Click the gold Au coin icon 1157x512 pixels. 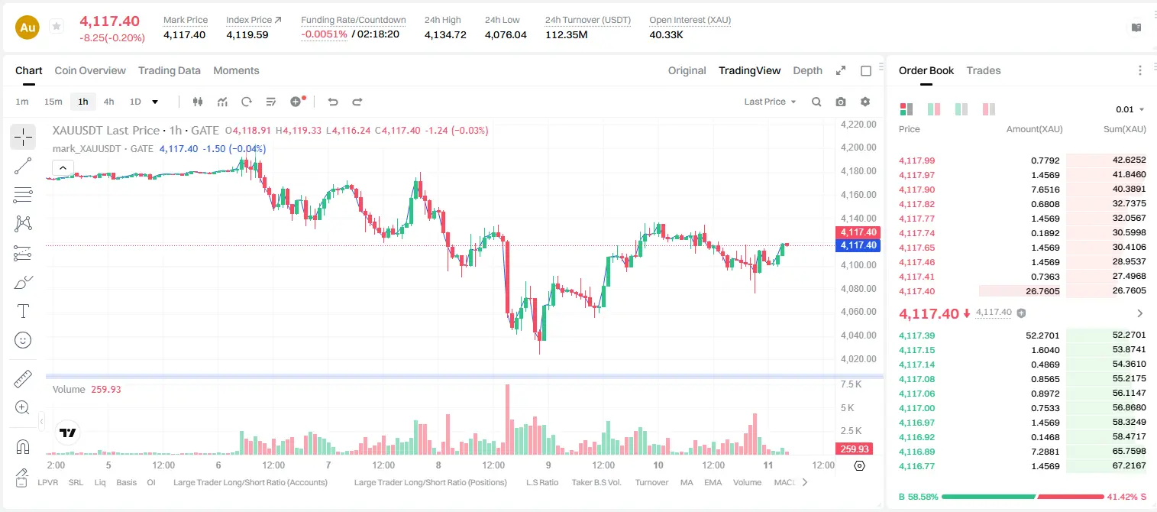pyautogui.click(x=27, y=28)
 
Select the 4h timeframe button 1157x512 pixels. pyautogui.click(x=108, y=102)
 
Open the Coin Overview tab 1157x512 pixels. pyautogui.click(x=90, y=70)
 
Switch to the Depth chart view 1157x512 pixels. pyautogui.click(x=807, y=70)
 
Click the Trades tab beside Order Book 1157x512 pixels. pyautogui.click(x=983, y=70)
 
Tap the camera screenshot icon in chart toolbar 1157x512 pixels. pyautogui.click(x=840, y=102)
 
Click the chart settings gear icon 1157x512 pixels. pyautogui.click(x=865, y=102)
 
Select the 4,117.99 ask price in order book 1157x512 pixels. pyautogui.click(x=916, y=160)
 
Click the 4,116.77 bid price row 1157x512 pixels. pyautogui.click(x=916, y=466)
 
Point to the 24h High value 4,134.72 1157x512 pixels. pyautogui.click(x=445, y=34)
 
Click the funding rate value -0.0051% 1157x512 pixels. pyautogui.click(x=324, y=34)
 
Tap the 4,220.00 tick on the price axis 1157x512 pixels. pyautogui.click(x=858, y=124)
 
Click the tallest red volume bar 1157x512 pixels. pyautogui.click(x=507, y=419)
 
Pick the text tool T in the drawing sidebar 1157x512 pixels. pyautogui.click(x=23, y=311)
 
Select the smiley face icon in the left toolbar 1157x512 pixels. pyautogui.click(x=23, y=340)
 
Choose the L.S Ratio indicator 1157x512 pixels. pyautogui.click(x=541, y=482)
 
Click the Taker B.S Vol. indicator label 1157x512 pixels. pyautogui.click(x=596, y=482)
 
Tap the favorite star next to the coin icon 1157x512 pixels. pyautogui.click(x=57, y=26)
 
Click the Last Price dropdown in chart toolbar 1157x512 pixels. pyautogui.click(x=770, y=102)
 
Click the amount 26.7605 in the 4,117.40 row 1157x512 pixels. pyautogui.click(x=1042, y=291)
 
